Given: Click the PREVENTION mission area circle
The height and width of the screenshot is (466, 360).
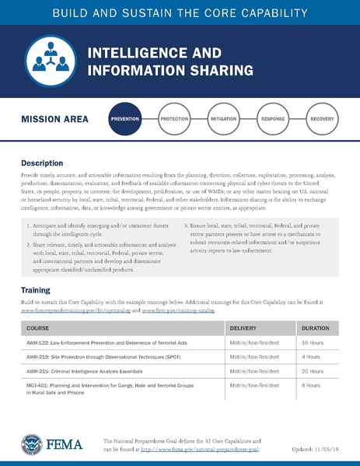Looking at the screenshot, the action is [124, 120].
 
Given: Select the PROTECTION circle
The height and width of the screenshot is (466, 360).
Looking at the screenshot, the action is [173, 120].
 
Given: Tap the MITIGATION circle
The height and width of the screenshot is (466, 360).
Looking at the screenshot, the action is [223, 120].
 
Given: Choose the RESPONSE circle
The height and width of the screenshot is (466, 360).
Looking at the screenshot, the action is [273, 120].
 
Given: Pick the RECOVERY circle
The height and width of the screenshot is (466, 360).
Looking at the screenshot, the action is [322, 120].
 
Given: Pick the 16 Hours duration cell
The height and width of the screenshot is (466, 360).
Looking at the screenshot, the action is [313, 343].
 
